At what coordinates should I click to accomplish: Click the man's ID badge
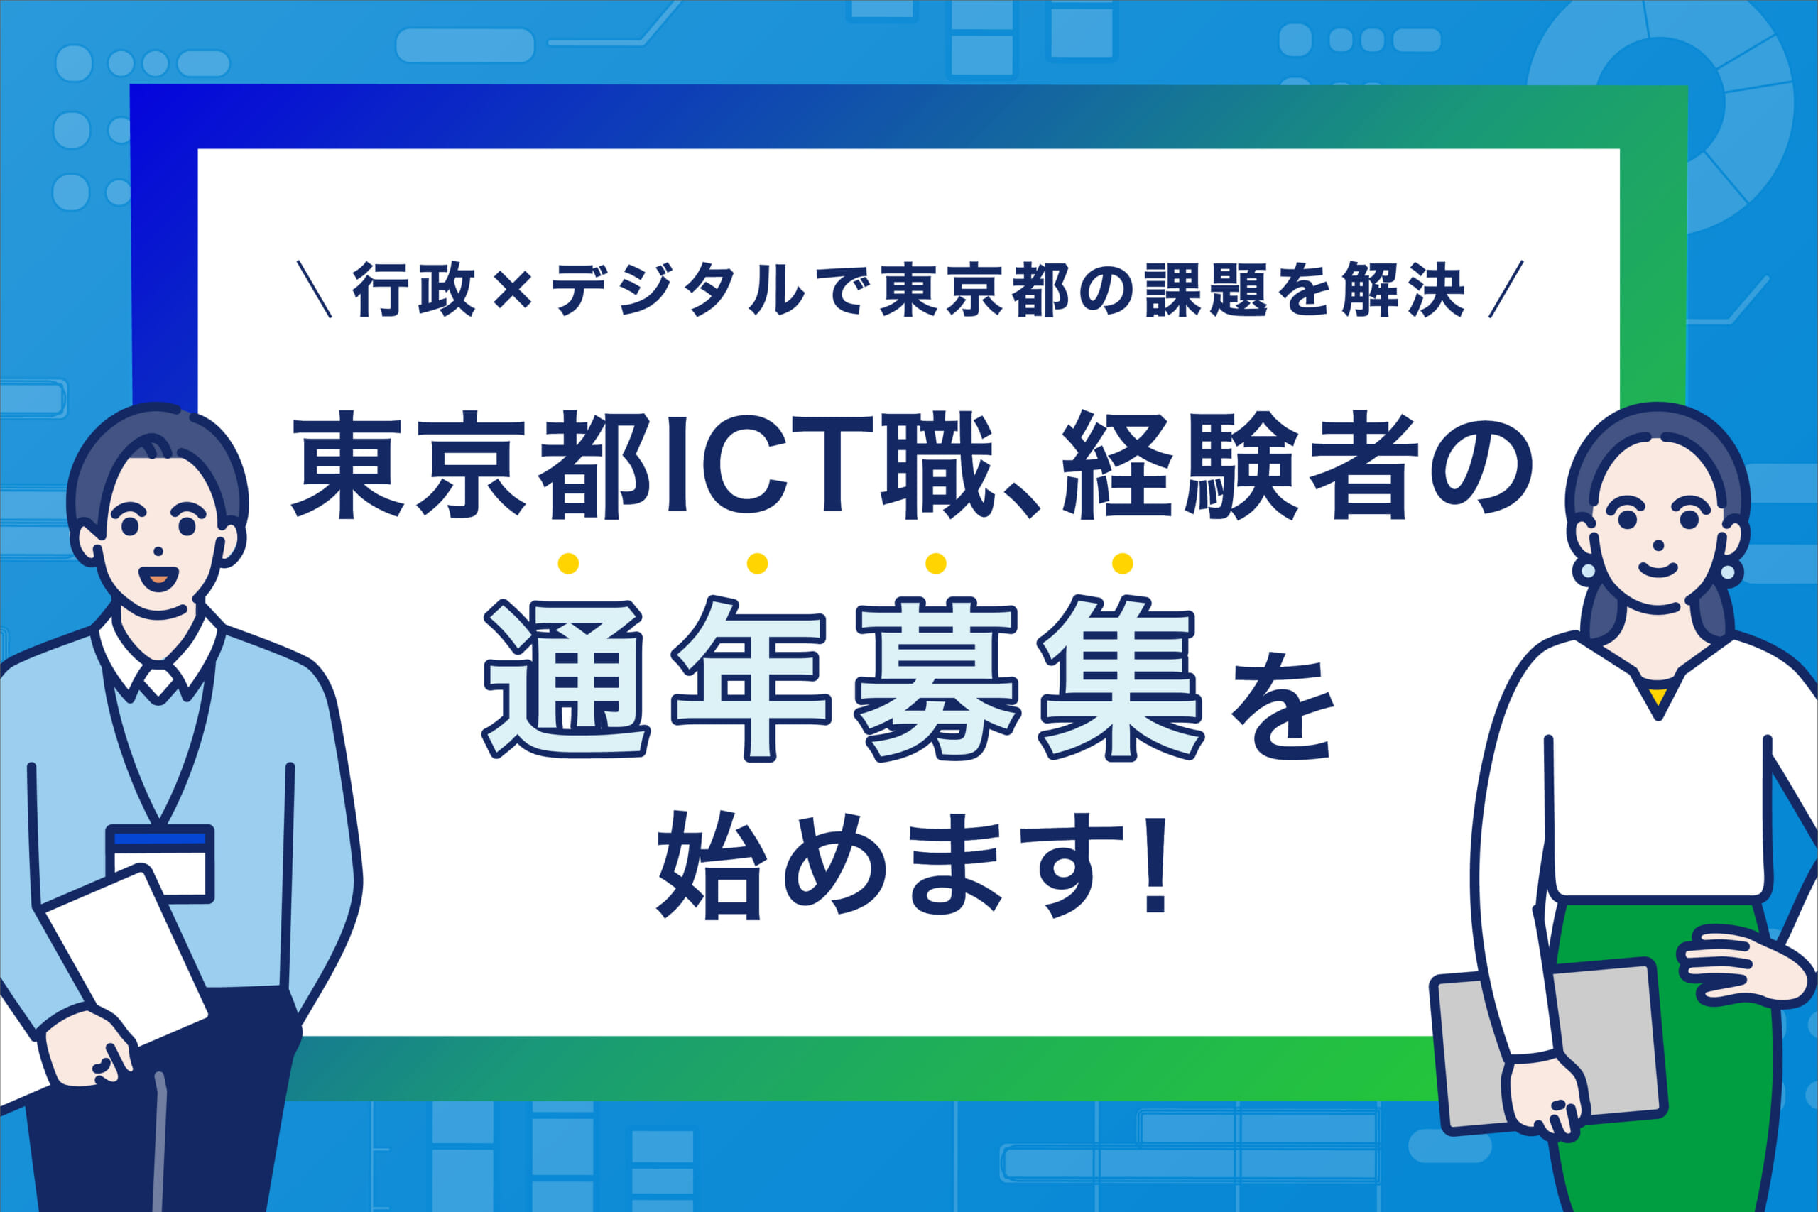[160, 863]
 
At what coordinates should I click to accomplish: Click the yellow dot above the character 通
[568, 563]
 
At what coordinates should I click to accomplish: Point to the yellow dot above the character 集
[1122, 563]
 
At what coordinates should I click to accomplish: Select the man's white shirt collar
[159, 665]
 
